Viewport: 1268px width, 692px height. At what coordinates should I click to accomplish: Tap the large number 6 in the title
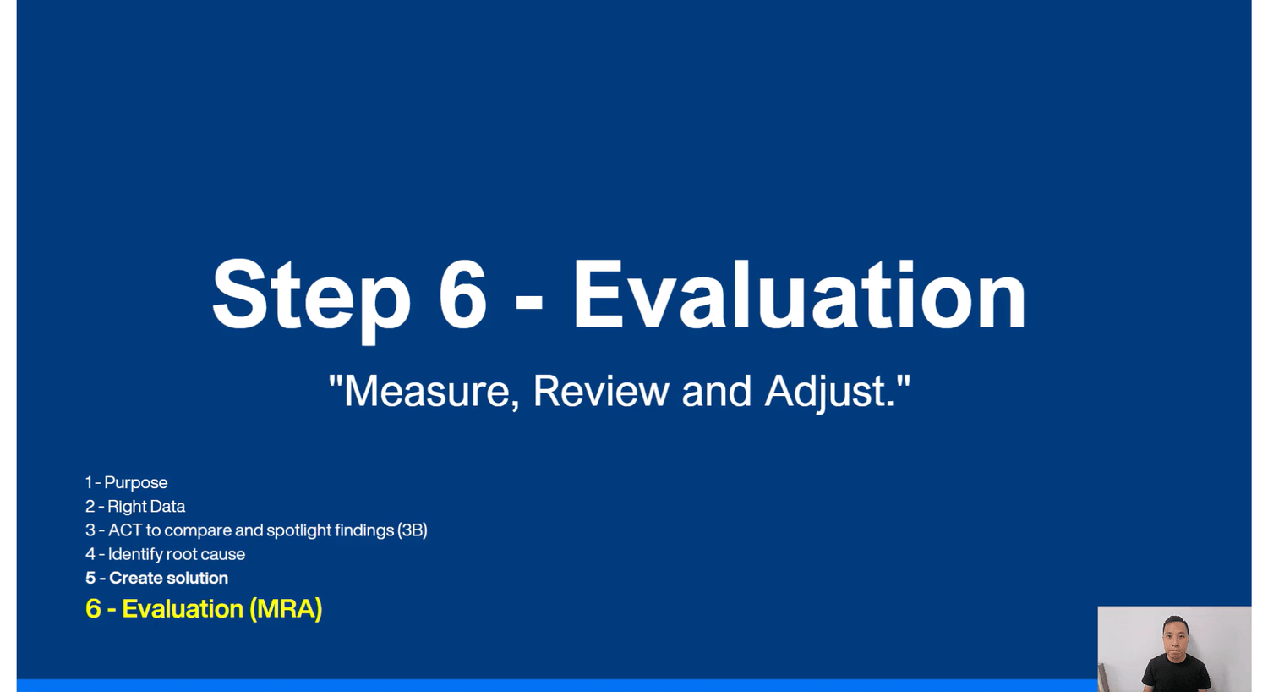tap(462, 294)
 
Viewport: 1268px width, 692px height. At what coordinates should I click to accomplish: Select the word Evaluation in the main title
tap(800, 294)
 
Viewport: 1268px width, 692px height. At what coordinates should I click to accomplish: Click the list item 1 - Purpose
tap(126, 482)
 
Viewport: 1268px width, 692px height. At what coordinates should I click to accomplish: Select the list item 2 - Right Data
tap(135, 506)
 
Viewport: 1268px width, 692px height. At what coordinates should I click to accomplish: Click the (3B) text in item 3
tap(413, 530)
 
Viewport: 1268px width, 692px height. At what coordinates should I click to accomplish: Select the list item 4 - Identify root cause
tap(166, 554)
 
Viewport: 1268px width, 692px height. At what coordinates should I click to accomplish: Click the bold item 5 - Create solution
tap(156, 578)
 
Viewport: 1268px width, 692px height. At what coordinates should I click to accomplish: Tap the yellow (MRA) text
tap(286, 609)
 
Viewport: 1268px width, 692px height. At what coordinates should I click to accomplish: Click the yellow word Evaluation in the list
tap(183, 609)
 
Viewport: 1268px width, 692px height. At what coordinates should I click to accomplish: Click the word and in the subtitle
tap(716, 391)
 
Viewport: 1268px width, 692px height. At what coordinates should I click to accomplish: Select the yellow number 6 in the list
tap(93, 609)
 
